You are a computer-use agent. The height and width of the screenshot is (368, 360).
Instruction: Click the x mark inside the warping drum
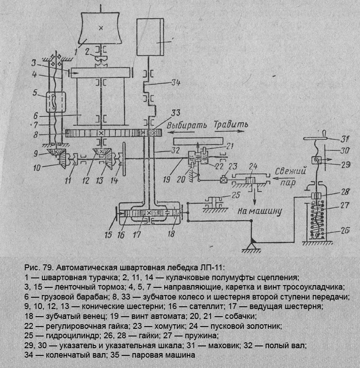100,28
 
